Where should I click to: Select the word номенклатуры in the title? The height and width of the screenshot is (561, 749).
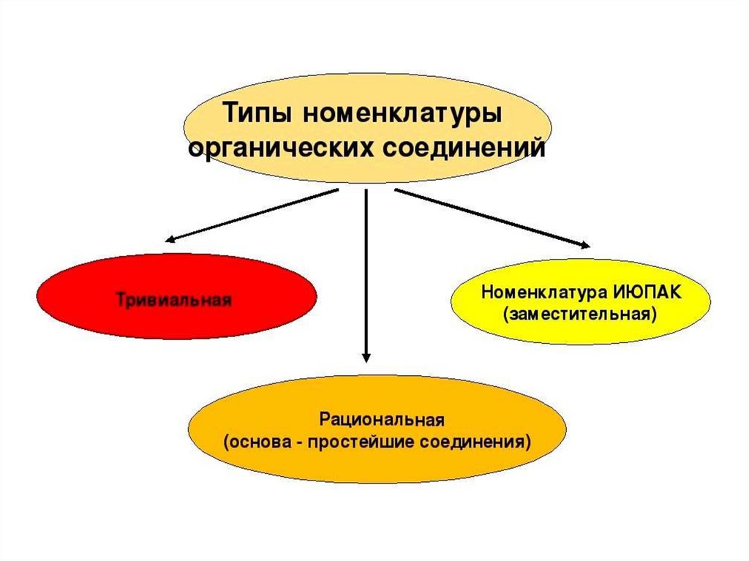[x=402, y=115]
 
